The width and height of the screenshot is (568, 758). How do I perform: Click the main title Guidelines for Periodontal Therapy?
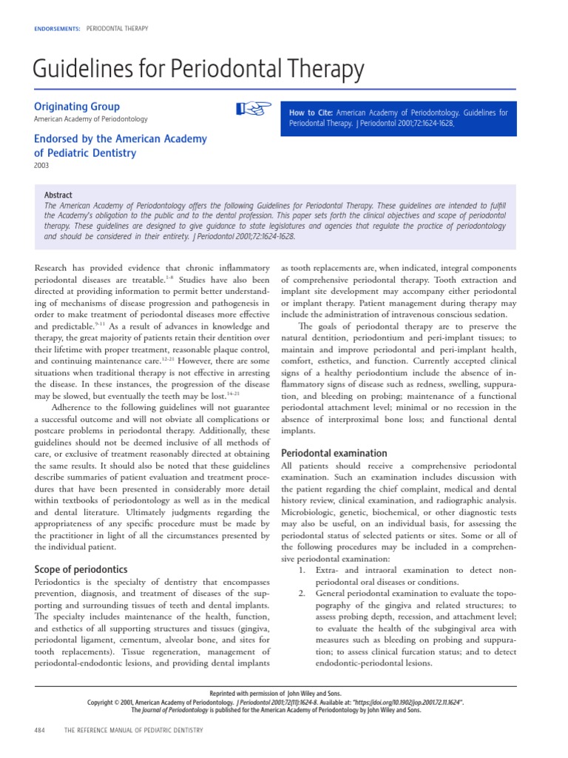pyautogui.click(x=199, y=70)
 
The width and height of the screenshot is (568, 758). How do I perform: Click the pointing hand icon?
pyautogui.click(x=250, y=110)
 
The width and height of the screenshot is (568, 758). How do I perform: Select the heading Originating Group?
pyautogui.click(x=77, y=107)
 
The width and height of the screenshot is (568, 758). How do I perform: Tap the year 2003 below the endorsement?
pyautogui.click(x=41, y=166)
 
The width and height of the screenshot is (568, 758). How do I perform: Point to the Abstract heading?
pyautogui.click(x=58, y=195)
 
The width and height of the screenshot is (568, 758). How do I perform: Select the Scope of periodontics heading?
pyautogui.click(x=81, y=569)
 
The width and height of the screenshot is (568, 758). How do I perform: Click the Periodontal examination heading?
pyautogui.click(x=334, y=453)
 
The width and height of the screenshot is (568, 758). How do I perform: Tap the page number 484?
pyautogui.click(x=40, y=730)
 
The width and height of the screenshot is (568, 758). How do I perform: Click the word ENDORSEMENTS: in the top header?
pyautogui.click(x=57, y=28)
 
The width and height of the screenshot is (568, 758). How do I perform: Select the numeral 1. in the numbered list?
pyautogui.click(x=302, y=571)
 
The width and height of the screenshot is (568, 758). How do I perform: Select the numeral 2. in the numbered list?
pyautogui.click(x=302, y=593)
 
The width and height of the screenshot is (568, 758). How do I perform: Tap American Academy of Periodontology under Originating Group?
pyautogui.click(x=91, y=119)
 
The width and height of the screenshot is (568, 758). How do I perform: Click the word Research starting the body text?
pyautogui.click(x=55, y=267)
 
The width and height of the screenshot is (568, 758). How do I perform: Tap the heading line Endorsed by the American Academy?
pyautogui.click(x=121, y=138)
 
